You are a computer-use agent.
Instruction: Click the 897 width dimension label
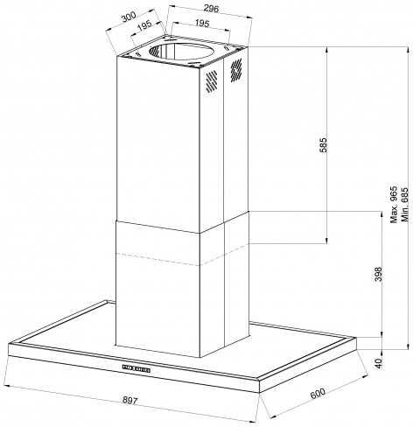point(129,401)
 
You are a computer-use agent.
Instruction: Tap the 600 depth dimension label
point(318,393)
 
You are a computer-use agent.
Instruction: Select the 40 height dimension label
point(378,364)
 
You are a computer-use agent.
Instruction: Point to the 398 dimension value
point(378,274)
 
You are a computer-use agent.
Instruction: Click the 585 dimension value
point(324,145)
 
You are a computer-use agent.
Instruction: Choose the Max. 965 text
point(394,205)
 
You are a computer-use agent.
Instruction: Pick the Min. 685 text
point(404,205)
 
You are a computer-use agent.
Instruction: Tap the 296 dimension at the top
point(211,9)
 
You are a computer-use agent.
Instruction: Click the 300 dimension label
point(129,17)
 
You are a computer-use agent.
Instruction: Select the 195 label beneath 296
point(202,23)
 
